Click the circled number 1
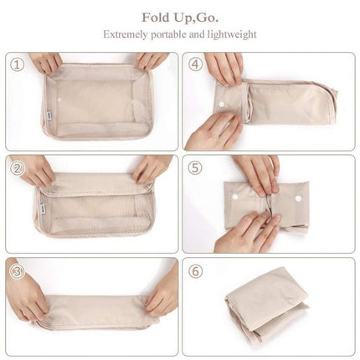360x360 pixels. click(x=17, y=64)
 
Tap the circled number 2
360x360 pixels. click(x=17, y=167)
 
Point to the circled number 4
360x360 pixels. click(x=195, y=64)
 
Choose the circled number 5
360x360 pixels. click(x=195, y=167)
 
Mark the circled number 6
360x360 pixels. click(x=195, y=270)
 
